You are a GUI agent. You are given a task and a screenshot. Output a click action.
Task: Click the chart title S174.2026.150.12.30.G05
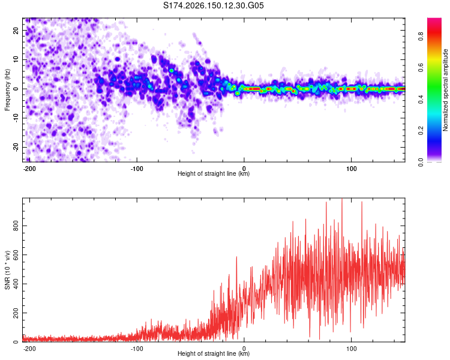213,5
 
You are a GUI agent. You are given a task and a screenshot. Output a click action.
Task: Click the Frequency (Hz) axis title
7,90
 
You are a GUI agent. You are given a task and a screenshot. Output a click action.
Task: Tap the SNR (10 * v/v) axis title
7,270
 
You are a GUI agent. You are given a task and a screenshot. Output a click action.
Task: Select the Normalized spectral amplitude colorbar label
445,90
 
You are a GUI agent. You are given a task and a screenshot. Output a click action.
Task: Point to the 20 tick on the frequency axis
16,30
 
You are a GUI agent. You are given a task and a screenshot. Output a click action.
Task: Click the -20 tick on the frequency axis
16,147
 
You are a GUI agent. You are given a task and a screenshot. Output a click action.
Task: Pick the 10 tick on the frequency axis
16,59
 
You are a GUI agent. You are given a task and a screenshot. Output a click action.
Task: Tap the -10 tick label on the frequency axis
16,118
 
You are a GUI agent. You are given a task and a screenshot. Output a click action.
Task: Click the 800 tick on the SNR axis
16,226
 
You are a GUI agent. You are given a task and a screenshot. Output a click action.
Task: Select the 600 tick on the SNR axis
16,255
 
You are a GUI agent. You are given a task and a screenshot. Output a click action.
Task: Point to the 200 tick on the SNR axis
16,313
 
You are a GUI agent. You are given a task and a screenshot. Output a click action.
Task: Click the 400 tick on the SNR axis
16,284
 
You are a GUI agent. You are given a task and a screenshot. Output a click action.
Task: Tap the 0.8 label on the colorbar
421,37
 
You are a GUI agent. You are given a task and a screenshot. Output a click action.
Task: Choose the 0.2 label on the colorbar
421,131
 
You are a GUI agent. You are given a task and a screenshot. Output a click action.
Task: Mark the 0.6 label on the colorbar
421,68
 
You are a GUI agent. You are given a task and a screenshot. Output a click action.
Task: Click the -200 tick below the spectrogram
29,169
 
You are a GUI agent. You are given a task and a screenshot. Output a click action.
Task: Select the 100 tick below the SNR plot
351,349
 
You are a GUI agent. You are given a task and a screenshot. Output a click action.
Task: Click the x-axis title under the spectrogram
214,173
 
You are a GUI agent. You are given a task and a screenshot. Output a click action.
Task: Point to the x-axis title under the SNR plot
214,353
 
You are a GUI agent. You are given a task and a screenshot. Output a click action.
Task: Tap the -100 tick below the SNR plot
137,349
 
